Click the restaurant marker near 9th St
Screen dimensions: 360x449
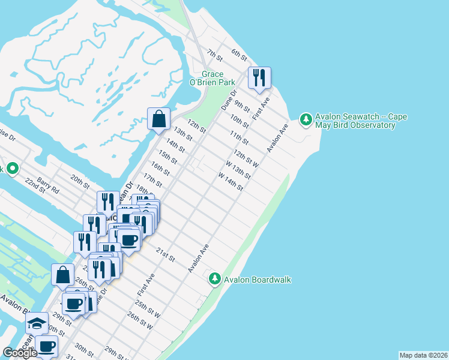tap(259, 78)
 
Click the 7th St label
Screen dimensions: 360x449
tap(214, 55)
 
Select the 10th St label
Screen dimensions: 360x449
tap(240, 120)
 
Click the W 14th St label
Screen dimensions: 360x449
tap(231, 182)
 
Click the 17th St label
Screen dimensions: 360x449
tap(153, 179)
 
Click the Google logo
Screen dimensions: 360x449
tap(20, 353)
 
